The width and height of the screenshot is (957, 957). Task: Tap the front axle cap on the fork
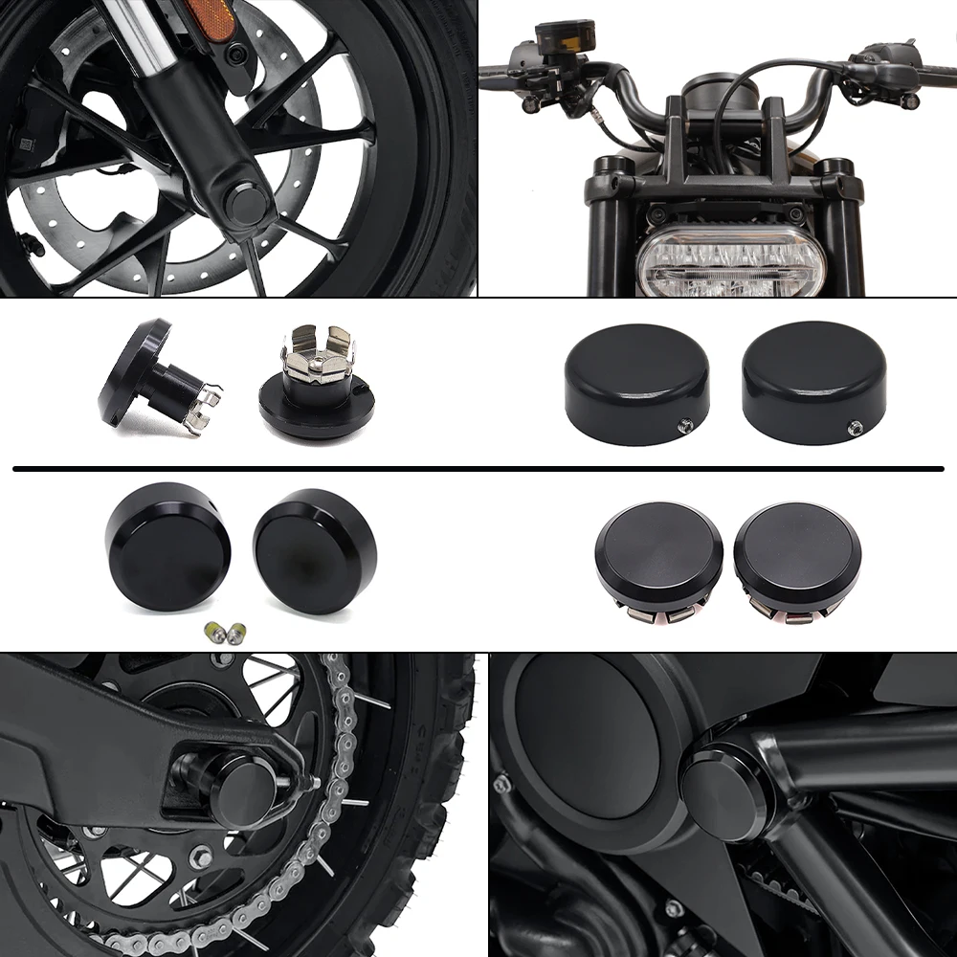click(x=248, y=201)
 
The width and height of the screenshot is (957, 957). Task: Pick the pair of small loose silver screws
click(x=226, y=632)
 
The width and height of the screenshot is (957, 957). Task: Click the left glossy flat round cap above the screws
click(x=168, y=546)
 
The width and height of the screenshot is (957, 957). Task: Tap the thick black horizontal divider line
click(x=478, y=469)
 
